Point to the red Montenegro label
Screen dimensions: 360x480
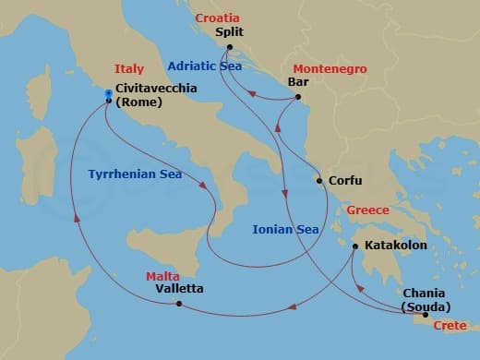[x=330, y=69]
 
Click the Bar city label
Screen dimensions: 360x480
[x=298, y=81]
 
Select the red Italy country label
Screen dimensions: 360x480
[x=129, y=69]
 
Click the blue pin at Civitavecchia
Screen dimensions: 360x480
[x=108, y=93]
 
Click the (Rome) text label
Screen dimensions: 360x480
[x=139, y=102]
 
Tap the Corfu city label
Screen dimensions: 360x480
[x=345, y=181]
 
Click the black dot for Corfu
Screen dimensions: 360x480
[x=319, y=181]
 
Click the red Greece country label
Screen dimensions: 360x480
[x=366, y=210]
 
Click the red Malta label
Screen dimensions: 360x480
[x=162, y=276]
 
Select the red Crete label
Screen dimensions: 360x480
[x=450, y=326]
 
